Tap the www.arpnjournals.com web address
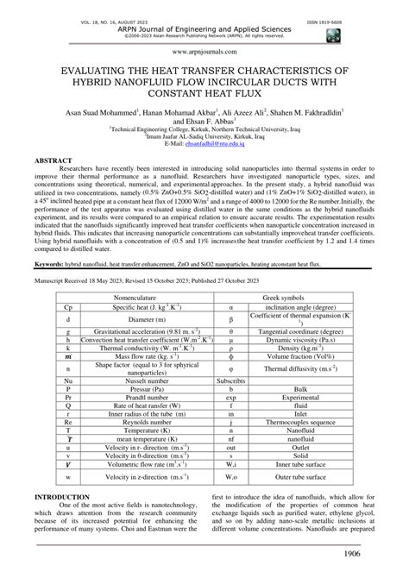pyautogui.click(x=204, y=51)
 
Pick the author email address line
pyautogui.click(x=204, y=144)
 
